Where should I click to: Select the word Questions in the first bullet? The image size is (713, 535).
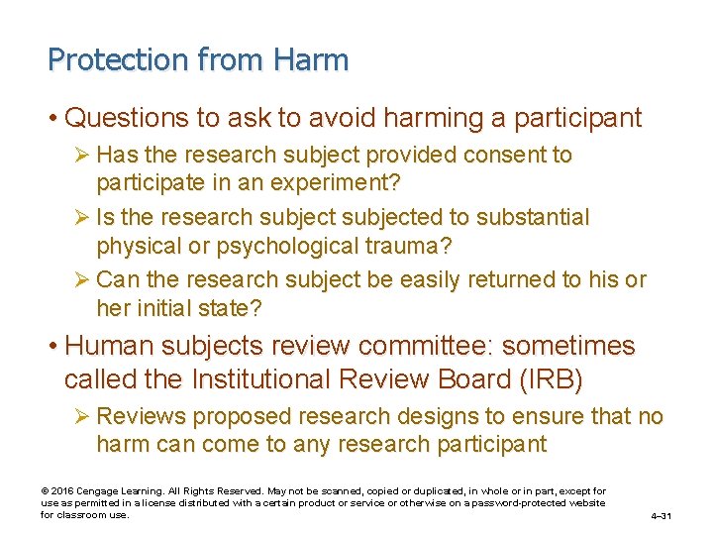point(126,119)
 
